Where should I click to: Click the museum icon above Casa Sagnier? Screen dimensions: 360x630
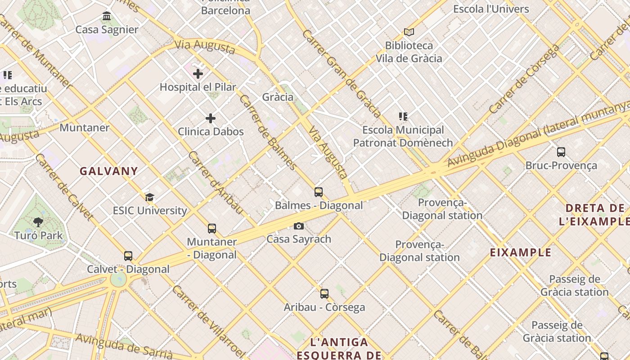[107, 16]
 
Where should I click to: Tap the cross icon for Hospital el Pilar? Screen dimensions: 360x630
[198, 74]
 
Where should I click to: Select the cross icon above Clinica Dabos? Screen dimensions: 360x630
[211, 118]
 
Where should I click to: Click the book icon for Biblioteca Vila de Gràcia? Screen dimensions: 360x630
[409, 32]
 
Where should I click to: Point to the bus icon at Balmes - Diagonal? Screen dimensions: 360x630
[319, 192]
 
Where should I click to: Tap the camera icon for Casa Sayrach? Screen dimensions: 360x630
[299, 226]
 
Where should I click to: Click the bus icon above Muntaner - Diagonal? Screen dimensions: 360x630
[212, 229]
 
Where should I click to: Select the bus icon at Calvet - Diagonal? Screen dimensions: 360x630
[128, 256]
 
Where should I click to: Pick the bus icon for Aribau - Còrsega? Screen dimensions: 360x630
[324, 294]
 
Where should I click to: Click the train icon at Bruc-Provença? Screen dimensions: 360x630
[561, 152]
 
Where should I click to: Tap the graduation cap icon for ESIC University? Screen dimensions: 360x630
[149, 197]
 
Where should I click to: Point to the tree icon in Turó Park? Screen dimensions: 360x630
[38, 222]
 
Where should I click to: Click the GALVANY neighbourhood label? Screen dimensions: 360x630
[109, 171]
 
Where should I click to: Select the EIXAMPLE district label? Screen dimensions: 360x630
[521, 252]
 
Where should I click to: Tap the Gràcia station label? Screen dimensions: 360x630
[278, 97]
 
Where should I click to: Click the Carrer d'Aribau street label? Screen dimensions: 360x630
[216, 182]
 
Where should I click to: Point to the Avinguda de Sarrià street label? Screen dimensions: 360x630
[124, 346]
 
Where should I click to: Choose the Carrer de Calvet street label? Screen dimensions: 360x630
[64, 187]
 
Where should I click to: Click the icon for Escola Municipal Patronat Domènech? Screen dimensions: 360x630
[403, 117]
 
